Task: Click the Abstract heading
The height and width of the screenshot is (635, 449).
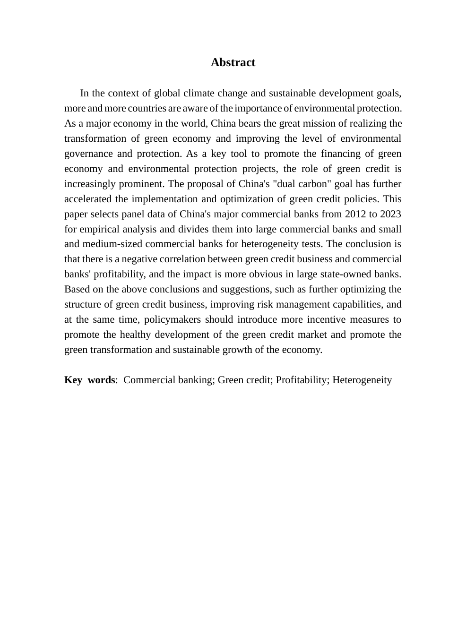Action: click(233, 62)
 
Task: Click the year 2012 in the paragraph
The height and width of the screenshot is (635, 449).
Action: click(355, 214)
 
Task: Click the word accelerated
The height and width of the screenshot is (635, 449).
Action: click(87, 199)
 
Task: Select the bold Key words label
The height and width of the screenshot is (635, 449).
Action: click(90, 380)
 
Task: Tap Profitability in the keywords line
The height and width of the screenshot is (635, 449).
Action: click(302, 380)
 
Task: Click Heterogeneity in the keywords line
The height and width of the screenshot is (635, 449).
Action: click(362, 380)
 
